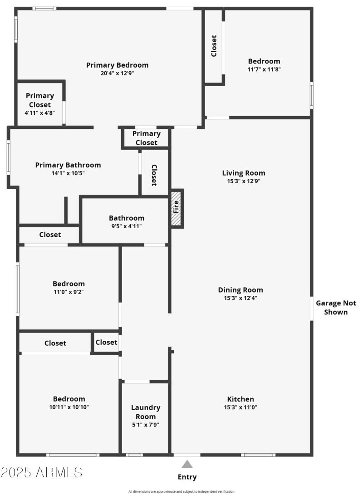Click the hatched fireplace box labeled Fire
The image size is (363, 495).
[176, 208]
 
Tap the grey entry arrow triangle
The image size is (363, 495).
[187, 464]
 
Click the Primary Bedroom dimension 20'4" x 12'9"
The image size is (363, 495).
[117, 73]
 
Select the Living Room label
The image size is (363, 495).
[243, 173]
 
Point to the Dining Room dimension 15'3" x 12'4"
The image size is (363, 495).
[240, 298]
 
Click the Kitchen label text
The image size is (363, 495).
[240, 399]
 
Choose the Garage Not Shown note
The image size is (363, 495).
[336, 307]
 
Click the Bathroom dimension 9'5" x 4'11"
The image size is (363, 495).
[126, 226]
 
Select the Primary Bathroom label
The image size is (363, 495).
[68, 165]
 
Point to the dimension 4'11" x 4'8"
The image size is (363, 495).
[39, 113]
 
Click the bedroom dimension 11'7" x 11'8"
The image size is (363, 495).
[264, 69]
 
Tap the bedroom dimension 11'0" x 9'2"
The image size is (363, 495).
[69, 292]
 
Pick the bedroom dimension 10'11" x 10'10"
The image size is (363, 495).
[69, 407]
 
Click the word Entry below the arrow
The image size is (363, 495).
[187, 477]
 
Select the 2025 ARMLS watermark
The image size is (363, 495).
[42, 472]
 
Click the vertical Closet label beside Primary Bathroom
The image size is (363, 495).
[154, 175]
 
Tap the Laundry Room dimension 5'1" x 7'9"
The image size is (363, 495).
[146, 425]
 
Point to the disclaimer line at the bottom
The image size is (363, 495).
[181, 491]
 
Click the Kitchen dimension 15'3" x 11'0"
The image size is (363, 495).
[240, 407]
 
